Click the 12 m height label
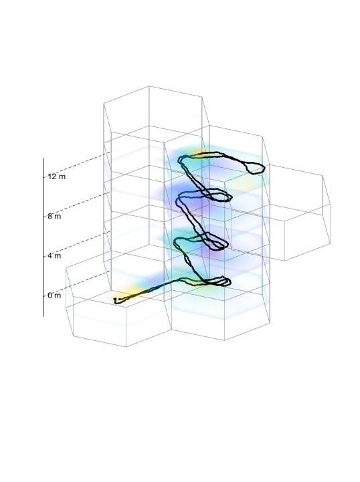point(57,176)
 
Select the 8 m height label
point(54,216)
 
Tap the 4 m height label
point(54,256)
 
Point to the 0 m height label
point(54,295)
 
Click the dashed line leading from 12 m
point(76,164)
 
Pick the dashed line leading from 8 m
point(76,204)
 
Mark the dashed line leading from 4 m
point(76,244)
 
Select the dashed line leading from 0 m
point(76,283)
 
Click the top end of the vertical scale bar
point(43,158)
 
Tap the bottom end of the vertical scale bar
point(43,316)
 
